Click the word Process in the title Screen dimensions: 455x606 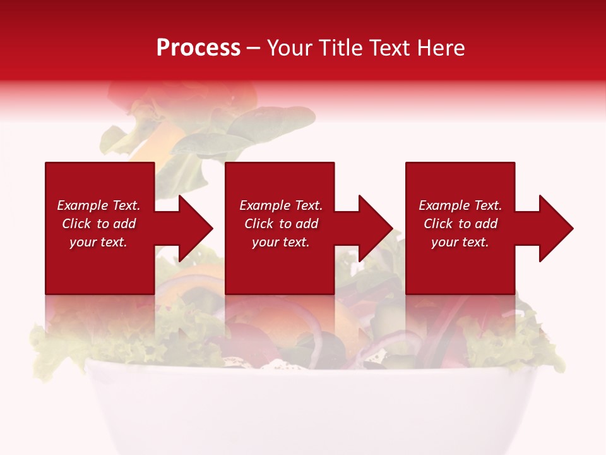click(198, 48)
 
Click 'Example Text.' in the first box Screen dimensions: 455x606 click(98, 205)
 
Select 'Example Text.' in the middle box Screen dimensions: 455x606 click(281, 205)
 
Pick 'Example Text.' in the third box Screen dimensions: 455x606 click(460, 205)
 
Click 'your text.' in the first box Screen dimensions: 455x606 click(98, 242)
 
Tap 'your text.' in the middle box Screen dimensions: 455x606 click(281, 242)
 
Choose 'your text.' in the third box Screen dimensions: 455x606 click(460, 242)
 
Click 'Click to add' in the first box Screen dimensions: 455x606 click(98, 224)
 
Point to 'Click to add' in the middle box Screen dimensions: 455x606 click(281, 224)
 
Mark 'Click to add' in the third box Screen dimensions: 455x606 click(460, 224)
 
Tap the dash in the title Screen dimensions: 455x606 click(253, 49)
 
